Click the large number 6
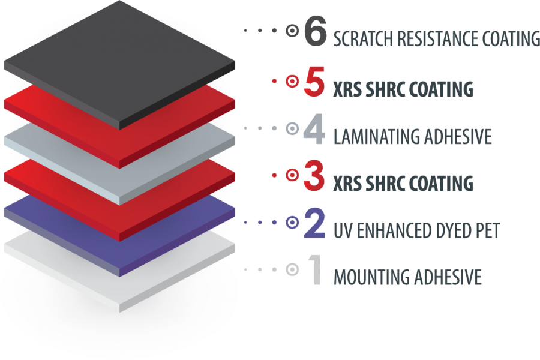pyautogui.click(x=315, y=31)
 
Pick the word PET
pyautogui.click(x=487, y=230)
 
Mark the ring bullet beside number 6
pyautogui.click(x=292, y=31)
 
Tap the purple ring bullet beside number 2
pyautogui.click(x=292, y=223)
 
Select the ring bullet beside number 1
pyautogui.click(x=292, y=270)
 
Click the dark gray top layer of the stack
pyautogui.click(x=120, y=60)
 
